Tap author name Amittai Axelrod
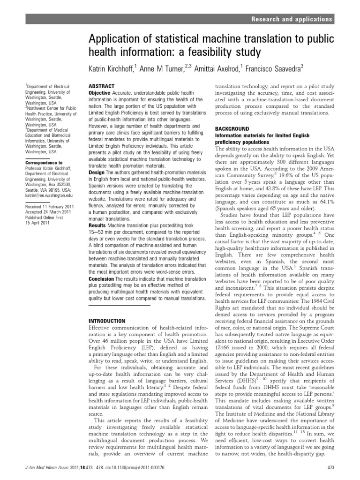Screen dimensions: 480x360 point(214,69)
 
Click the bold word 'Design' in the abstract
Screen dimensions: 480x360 point(97,172)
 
